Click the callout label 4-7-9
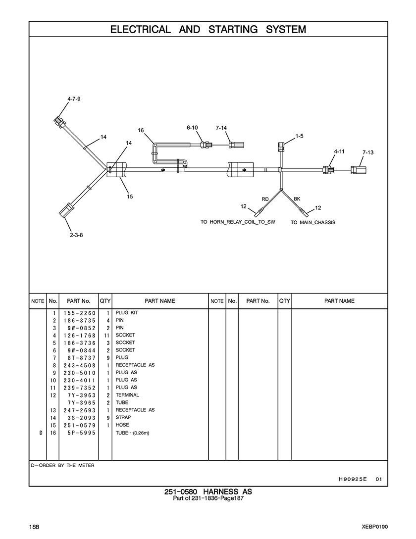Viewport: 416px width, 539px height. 74,99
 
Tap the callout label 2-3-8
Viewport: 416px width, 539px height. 76,235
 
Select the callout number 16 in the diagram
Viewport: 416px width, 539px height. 141,130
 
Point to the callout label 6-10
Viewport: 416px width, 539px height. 192,128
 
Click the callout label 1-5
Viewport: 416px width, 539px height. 299,135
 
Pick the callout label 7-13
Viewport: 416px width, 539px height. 367,153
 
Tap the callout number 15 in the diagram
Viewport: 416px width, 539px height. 130,196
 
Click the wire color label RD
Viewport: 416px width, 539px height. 265,198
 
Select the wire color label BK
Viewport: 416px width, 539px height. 297,198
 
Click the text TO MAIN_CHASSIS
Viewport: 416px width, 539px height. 312,223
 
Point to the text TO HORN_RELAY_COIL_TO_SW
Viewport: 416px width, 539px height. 237,222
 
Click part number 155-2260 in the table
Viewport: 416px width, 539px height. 79,313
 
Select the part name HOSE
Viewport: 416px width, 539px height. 122,425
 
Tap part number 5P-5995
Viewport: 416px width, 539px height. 79,433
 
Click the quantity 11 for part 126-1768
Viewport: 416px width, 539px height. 106,336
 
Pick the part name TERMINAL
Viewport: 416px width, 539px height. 127,395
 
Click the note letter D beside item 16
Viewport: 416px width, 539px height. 41,433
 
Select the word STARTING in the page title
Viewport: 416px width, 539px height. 233,29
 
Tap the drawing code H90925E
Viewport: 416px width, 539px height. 352,479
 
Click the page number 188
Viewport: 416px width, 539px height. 34,526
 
